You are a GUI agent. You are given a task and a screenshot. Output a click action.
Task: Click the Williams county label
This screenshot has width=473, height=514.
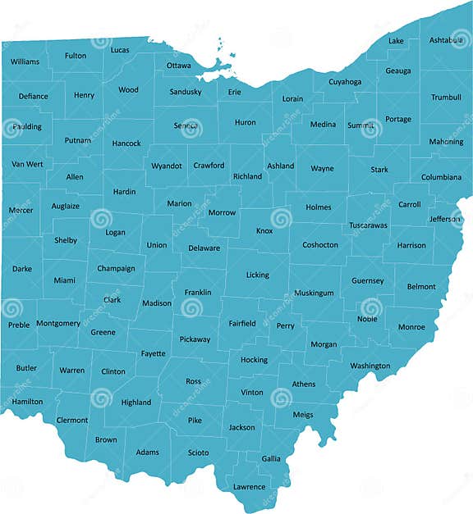[25, 61]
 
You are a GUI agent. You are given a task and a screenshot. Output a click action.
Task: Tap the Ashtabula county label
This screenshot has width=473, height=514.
[446, 40]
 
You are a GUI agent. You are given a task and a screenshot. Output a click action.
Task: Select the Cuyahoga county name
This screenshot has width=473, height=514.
[345, 82]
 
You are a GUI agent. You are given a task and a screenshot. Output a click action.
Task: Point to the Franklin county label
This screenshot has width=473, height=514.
[198, 292]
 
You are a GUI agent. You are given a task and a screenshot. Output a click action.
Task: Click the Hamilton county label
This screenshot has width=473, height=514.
[27, 402]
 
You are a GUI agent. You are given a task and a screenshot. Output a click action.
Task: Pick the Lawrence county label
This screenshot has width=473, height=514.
[249, 487]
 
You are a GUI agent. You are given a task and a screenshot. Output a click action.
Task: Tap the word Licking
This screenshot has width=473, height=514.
[257, 275]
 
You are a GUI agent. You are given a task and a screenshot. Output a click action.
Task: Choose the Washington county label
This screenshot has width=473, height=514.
[370, 366]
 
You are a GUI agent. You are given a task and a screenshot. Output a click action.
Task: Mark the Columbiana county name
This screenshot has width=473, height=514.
[442, 177]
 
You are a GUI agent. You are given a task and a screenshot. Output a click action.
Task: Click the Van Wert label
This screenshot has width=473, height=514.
[27, 164]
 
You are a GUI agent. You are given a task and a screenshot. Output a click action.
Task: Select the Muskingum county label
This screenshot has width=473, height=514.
[314, 293]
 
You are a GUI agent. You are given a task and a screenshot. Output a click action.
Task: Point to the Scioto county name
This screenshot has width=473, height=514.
[198, 453]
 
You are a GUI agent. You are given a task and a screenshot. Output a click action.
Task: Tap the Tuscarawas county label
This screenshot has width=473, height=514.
[368, 225]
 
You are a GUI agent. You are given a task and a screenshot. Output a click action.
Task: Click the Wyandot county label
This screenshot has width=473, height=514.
[167, 166]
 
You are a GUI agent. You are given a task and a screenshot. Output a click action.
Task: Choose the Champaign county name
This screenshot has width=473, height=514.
[116, 268]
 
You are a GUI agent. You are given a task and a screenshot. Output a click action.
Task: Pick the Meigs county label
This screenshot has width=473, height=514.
[302, 415]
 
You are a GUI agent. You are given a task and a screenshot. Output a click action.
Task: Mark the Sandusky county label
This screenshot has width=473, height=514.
[186, 92]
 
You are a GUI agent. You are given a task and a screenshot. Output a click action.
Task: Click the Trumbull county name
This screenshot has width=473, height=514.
[446, 98]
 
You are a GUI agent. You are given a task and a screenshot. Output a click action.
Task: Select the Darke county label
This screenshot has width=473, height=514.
[22, 268]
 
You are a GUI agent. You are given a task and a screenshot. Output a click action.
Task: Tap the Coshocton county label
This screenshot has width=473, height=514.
[320, 245]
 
